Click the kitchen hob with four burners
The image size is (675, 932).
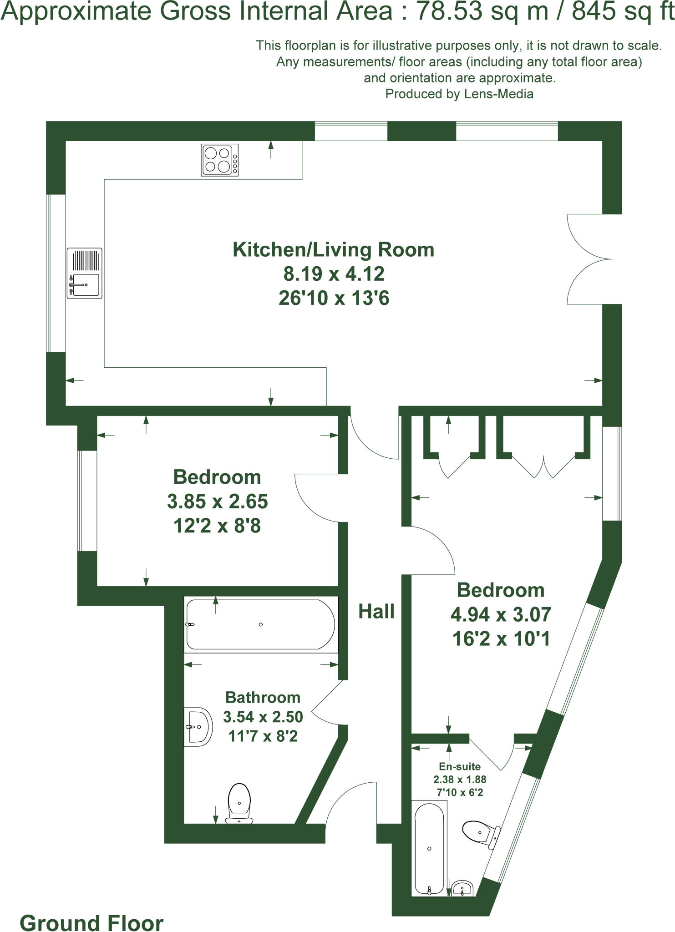click(220, 160)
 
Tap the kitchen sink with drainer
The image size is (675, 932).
click(84, 273)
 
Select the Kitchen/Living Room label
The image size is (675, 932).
click(333, 250)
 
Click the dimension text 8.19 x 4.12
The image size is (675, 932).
click(334, 274)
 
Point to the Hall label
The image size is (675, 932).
click(376, 612)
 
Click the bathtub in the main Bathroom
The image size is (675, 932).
click(260, 624)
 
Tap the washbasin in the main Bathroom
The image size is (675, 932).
click(198, 727)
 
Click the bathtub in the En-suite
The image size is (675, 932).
click(429, 848)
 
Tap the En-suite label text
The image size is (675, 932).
click(460, 766)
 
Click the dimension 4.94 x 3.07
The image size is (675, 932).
click(501, 614)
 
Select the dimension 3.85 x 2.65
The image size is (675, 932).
click(217, 501)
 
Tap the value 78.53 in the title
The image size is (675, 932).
click(450, 11)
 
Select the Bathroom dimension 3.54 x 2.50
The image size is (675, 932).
click(263, 717)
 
